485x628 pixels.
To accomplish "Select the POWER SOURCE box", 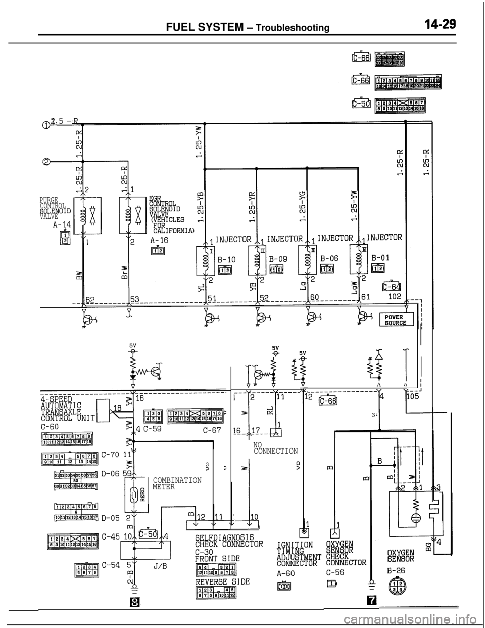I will pyautogui.click(x=397, y=320).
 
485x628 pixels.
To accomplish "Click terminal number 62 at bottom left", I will pyautogui.click(x=90, y=299).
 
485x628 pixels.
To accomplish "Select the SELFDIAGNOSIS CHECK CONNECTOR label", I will pyautogui.click(x=228, y=540).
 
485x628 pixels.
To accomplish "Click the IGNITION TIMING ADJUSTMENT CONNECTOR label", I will pyautogui.click(x=296, y=553).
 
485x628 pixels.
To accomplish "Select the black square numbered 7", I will pyautogui.click(x=371, y=600).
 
